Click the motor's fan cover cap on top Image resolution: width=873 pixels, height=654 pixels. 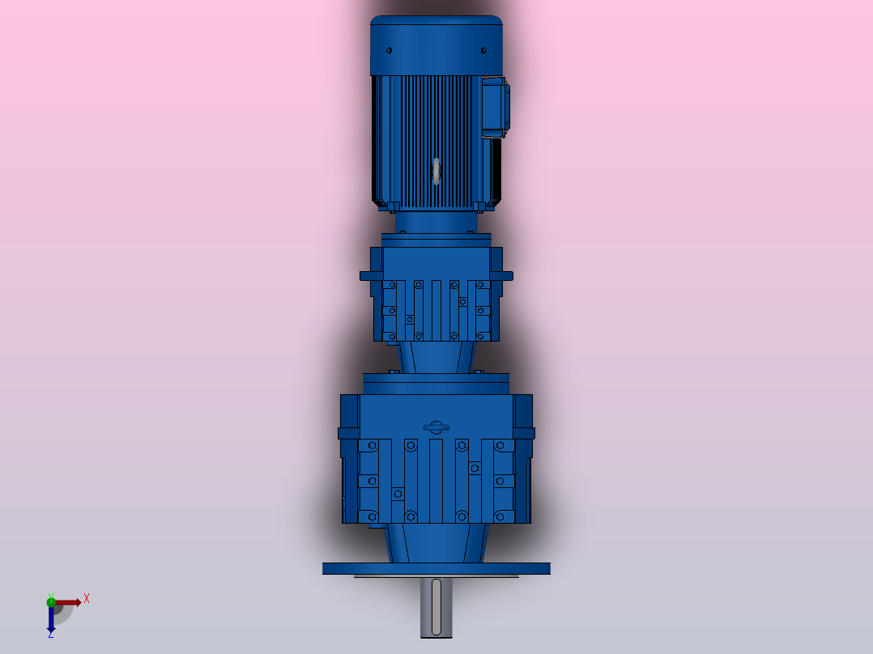click(436, 45)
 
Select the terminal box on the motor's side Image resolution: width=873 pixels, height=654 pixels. click(495, 107)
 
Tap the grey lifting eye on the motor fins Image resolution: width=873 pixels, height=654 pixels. click(436, 171)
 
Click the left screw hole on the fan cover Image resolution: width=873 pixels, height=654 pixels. click(390, 51)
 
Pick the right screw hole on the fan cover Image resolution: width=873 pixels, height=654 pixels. click(483, 51)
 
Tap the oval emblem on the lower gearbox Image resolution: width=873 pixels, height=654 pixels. click(436, 427)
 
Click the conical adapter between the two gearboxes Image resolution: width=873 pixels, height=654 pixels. click(436, 355)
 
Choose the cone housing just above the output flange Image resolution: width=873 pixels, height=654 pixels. click(436, 542)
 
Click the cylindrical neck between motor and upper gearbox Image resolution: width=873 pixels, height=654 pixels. click(436, 221)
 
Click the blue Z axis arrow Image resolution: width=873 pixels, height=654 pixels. click(51, 619)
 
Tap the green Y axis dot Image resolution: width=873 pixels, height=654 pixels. click(51, 601)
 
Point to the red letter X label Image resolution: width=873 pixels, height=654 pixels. click(86, 598)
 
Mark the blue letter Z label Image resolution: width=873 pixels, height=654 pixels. click(51, 635)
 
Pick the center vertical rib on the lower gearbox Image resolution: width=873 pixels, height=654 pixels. click(436, 481)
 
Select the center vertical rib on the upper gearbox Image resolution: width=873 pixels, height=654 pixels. click(436, 311)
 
